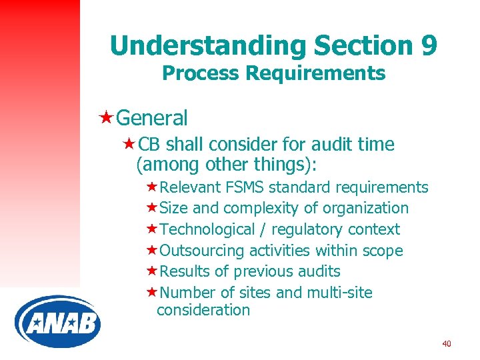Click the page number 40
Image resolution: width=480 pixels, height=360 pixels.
pos(446,344)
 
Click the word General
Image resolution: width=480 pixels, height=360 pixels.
pos(151,118)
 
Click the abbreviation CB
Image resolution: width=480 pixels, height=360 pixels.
pos(150,145)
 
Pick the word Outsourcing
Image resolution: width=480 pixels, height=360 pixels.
pos(203,251)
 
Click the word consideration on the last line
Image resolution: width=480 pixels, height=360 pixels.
pos(203,310)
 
